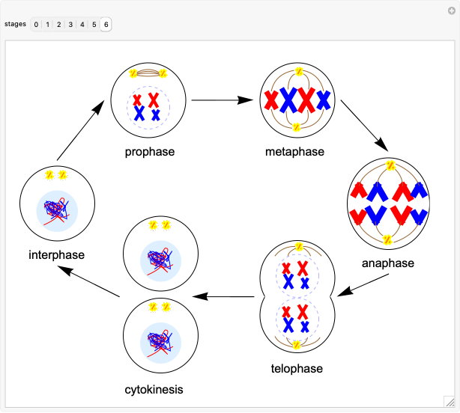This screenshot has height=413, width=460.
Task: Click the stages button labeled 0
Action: [x=36, y=25]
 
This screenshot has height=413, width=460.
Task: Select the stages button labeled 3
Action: [x=70, y=25]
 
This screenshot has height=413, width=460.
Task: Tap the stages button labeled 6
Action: [x=106, y=25]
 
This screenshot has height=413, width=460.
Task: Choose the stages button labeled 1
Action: [x=47, y=25]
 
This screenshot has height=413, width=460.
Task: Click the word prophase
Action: [x=150, y=152]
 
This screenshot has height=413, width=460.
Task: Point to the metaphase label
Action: [x=294, y=152]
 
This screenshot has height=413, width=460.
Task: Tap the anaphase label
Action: [x=387, y=263]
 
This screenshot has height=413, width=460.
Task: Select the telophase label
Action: [x=297, y=368]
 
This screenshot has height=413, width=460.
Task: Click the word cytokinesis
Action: [x=154, y=389]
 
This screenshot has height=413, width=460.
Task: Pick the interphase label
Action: [x=56, y=254]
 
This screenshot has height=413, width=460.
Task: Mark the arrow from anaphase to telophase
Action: [x=362, y=285]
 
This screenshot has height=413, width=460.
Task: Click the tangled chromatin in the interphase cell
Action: [x=57, y=210]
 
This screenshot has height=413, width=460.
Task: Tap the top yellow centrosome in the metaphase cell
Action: [x=298, y=73]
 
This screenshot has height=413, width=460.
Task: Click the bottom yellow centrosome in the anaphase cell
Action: [x=387, y=239]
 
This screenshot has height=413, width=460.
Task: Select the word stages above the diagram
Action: [x=15, y=24]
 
